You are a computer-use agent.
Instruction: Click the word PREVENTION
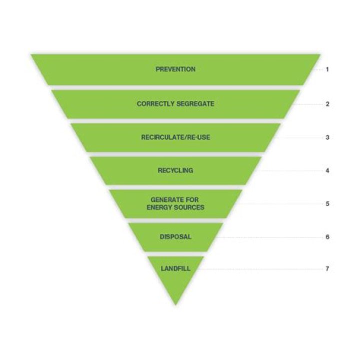[x=175, y=69]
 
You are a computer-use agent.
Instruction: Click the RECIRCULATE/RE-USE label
[x=175, y=137]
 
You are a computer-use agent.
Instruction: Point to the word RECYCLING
[x=175, y=170]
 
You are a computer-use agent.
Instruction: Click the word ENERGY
[x=159, y=207]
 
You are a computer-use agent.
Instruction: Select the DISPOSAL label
[x=175, y=236]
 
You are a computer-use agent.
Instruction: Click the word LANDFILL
[x=175, y=268]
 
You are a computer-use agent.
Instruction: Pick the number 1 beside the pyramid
[x=327, y=69]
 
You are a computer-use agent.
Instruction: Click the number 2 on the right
[x=327, y=104]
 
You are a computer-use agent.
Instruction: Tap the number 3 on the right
[x=327, y=137]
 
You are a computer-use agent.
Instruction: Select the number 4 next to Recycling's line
[x=327, y=170]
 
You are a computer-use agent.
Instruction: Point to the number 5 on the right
[x=327, y=204]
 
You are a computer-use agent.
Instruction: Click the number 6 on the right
[x=327, y=236]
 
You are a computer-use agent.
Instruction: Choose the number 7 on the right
[x=327, y=268]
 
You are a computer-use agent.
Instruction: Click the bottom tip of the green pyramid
[x=175, y=303]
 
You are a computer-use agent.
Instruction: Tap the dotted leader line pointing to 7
[x=260, y=269]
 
